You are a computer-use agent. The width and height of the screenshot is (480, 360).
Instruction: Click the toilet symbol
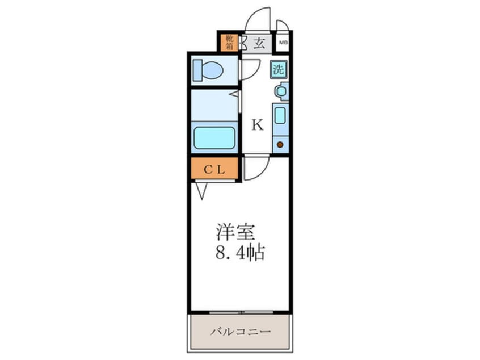coord(208,71)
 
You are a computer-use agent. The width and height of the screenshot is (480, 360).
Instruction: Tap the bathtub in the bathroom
coord(214,137)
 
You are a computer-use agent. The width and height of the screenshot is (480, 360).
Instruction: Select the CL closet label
coord(214,169)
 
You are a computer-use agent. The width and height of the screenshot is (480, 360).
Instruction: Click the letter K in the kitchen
coord(258,125)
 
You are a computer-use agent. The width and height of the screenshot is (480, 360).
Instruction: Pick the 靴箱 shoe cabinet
coord(230,43)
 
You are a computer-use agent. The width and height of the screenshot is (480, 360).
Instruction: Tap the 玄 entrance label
coord(259,43)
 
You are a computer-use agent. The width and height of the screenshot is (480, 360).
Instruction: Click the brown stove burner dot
coord(280,144)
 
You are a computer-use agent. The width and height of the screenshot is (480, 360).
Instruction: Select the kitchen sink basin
coord(280,115)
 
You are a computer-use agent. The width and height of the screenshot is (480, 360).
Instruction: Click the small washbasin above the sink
coord(281,91)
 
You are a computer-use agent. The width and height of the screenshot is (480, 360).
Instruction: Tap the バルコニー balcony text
coord(240,331)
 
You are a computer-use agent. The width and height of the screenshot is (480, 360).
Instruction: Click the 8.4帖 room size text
coord(240,253)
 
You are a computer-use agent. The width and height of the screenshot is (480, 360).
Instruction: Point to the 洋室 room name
coord(235,232)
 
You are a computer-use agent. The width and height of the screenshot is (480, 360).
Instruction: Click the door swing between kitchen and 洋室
coord(255,168)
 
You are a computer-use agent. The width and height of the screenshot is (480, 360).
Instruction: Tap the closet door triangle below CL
coord(201,190)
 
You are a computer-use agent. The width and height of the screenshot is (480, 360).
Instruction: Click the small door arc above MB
coord(282,26)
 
